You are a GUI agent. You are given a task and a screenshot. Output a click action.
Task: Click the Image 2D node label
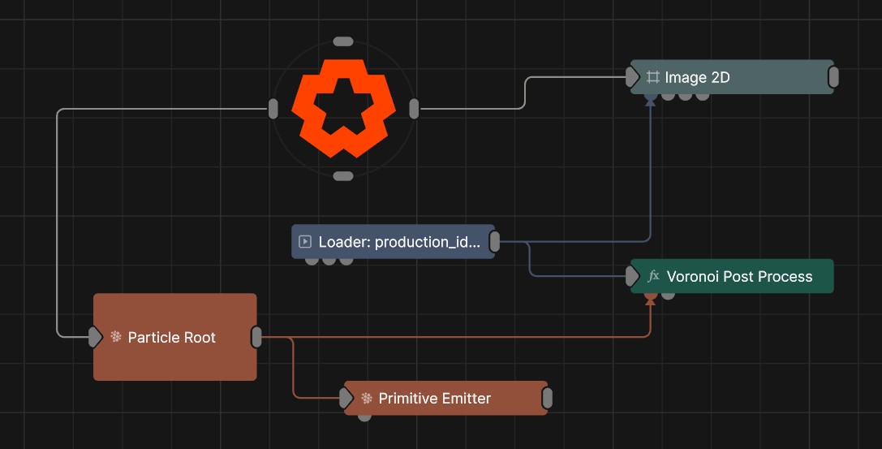[697, 77]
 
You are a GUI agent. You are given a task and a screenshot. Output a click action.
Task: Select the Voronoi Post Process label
[739, 276]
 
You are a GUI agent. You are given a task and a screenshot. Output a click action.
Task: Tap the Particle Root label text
[171, 337]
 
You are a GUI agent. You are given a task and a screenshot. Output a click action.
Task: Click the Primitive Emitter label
[434, 399]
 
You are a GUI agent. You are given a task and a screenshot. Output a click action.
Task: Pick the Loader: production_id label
[399, 242]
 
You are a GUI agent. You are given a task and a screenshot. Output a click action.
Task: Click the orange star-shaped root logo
[343, 108]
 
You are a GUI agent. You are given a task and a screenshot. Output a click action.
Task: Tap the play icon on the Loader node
[305, 241]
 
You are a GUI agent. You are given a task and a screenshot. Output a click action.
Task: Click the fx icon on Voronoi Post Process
[653, 276]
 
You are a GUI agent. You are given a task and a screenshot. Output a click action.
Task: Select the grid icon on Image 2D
[652, 77]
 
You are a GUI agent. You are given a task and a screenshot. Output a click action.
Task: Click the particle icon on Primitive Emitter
[367, 399]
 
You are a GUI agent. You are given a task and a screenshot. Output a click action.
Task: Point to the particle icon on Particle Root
[116, 336]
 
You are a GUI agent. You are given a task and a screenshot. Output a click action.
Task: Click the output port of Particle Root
[256, 337]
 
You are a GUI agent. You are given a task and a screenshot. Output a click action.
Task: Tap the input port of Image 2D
[632, 77]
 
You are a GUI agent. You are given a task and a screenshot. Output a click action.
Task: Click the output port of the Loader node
[494, 242]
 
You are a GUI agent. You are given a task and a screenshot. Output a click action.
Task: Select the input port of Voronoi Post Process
[632, 276]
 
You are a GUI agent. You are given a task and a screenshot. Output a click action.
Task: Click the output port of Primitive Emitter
[547, 399]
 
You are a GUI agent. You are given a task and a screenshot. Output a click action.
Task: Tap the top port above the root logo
[343, 41]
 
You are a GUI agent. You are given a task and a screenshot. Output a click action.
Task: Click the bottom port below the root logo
[343, 176]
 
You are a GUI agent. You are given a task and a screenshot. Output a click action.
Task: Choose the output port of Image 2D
[833, 77]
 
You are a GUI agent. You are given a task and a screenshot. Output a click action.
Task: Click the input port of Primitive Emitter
[346, 399]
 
